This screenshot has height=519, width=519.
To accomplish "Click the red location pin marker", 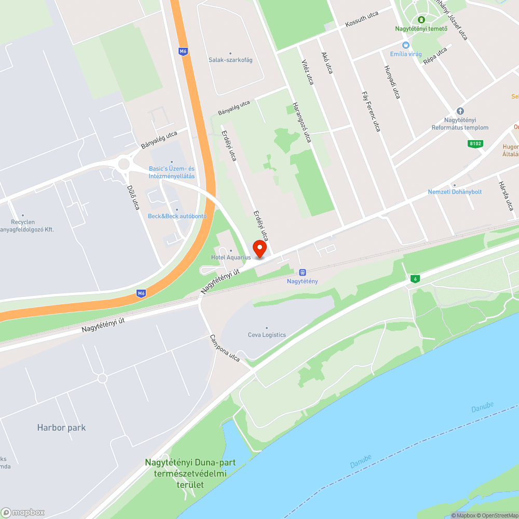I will click(x=258, y=250).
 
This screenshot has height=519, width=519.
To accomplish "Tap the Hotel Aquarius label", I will click(x=231, y=257).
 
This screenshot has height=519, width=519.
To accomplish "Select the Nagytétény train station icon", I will click(x=303, y=272).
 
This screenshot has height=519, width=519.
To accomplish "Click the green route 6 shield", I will click(x=415, y=279).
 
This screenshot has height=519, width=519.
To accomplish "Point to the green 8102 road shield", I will click(x=474, y=144).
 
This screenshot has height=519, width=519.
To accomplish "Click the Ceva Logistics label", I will click(x=267, y=335).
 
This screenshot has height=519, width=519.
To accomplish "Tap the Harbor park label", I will click(x=61, y=428).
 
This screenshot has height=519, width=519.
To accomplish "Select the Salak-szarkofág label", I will click(x=230, y=60).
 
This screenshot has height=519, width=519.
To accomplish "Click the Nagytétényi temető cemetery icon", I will click(x=421, y=20).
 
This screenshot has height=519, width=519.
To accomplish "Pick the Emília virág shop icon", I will click(x=406, y=45).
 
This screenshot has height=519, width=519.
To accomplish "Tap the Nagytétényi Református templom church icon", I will click(x=460, y=111).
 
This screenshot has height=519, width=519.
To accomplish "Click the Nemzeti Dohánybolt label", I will click(x=455, y=192).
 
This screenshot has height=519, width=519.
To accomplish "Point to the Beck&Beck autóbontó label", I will click(x=177, y=216).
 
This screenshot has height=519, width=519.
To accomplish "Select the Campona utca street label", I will click(x=225, y=348).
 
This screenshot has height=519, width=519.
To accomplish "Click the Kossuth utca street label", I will click(x=362, y=19).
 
